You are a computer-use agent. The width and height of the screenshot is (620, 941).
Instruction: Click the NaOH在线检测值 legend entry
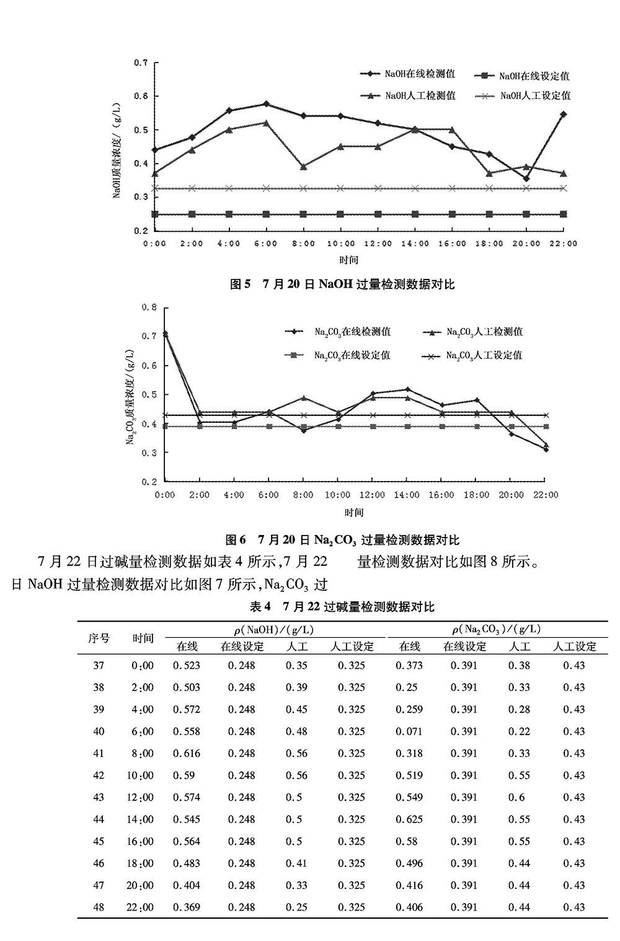pos(409,74)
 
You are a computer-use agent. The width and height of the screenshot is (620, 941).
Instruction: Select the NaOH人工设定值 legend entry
pos(525,96)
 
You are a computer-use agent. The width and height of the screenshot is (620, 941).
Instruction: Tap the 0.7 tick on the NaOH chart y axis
pos(141,63)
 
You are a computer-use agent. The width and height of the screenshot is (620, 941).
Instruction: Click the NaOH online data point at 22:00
pos(563,114)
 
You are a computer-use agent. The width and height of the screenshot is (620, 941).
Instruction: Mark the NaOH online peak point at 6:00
pos(266,104)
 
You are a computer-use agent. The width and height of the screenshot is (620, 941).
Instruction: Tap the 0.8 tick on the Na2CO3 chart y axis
pos(149,307)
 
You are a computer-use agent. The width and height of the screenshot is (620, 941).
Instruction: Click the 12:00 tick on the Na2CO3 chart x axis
pos(372,495)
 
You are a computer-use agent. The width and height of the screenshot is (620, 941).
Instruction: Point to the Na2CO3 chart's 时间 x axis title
pos(354,513)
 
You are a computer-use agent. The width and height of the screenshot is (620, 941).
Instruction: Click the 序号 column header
pos(99,638)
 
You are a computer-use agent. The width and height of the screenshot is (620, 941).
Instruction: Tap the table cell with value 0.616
pos(187,753)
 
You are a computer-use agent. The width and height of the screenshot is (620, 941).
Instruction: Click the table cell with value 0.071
pos(409,731)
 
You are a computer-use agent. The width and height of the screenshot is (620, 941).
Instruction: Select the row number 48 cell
pos(99,907)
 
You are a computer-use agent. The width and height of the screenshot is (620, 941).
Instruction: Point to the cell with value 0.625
pos(409,819)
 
